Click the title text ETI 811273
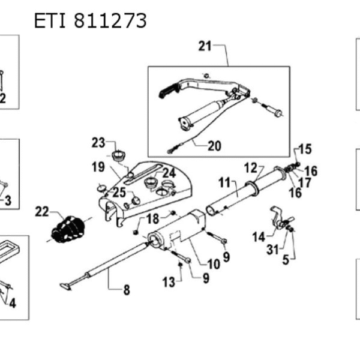point(90,21)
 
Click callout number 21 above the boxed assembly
point(205,46)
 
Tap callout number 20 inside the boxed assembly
point(214,145)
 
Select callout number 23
point(98,142)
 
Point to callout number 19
point(98,166)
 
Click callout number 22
point(41,211)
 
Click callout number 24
point(169,172)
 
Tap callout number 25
point(119,193)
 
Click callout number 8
point(127,291)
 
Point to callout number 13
point(169,281)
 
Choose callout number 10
point(214,263)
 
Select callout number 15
point(305,149)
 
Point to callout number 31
point(272,250)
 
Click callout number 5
point(286,260)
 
